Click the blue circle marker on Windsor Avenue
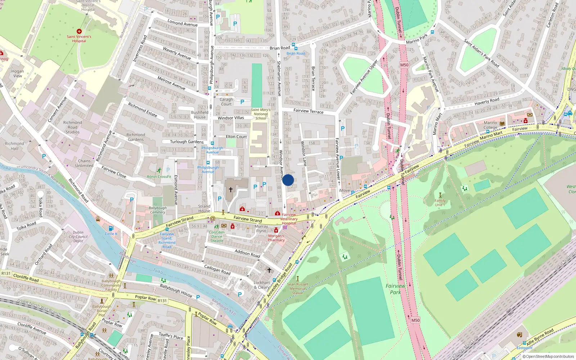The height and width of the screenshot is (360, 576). point(288,180)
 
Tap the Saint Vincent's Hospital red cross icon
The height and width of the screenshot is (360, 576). point(79,31)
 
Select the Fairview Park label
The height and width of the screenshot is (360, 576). point(395,289)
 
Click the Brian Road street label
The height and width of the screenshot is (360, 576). point(280,48)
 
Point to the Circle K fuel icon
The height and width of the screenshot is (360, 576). point(111,228)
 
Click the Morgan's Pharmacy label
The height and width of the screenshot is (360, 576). point(276,238)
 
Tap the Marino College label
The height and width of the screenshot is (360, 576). point(490,125)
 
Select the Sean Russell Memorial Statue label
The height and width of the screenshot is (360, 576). point(297,288)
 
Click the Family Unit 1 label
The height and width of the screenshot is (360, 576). point(440,203)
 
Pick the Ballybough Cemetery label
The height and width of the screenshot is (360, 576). point(158,210)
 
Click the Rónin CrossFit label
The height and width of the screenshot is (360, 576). point(159,176)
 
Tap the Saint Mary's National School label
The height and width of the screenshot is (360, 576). point(261,114)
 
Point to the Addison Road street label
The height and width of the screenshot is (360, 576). point(247,253)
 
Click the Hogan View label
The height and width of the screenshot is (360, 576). point(17,73)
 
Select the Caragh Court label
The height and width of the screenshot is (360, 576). point(226,102)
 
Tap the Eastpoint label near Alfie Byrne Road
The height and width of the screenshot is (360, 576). point(524,348)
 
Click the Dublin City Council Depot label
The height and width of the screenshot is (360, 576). point(78,237)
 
